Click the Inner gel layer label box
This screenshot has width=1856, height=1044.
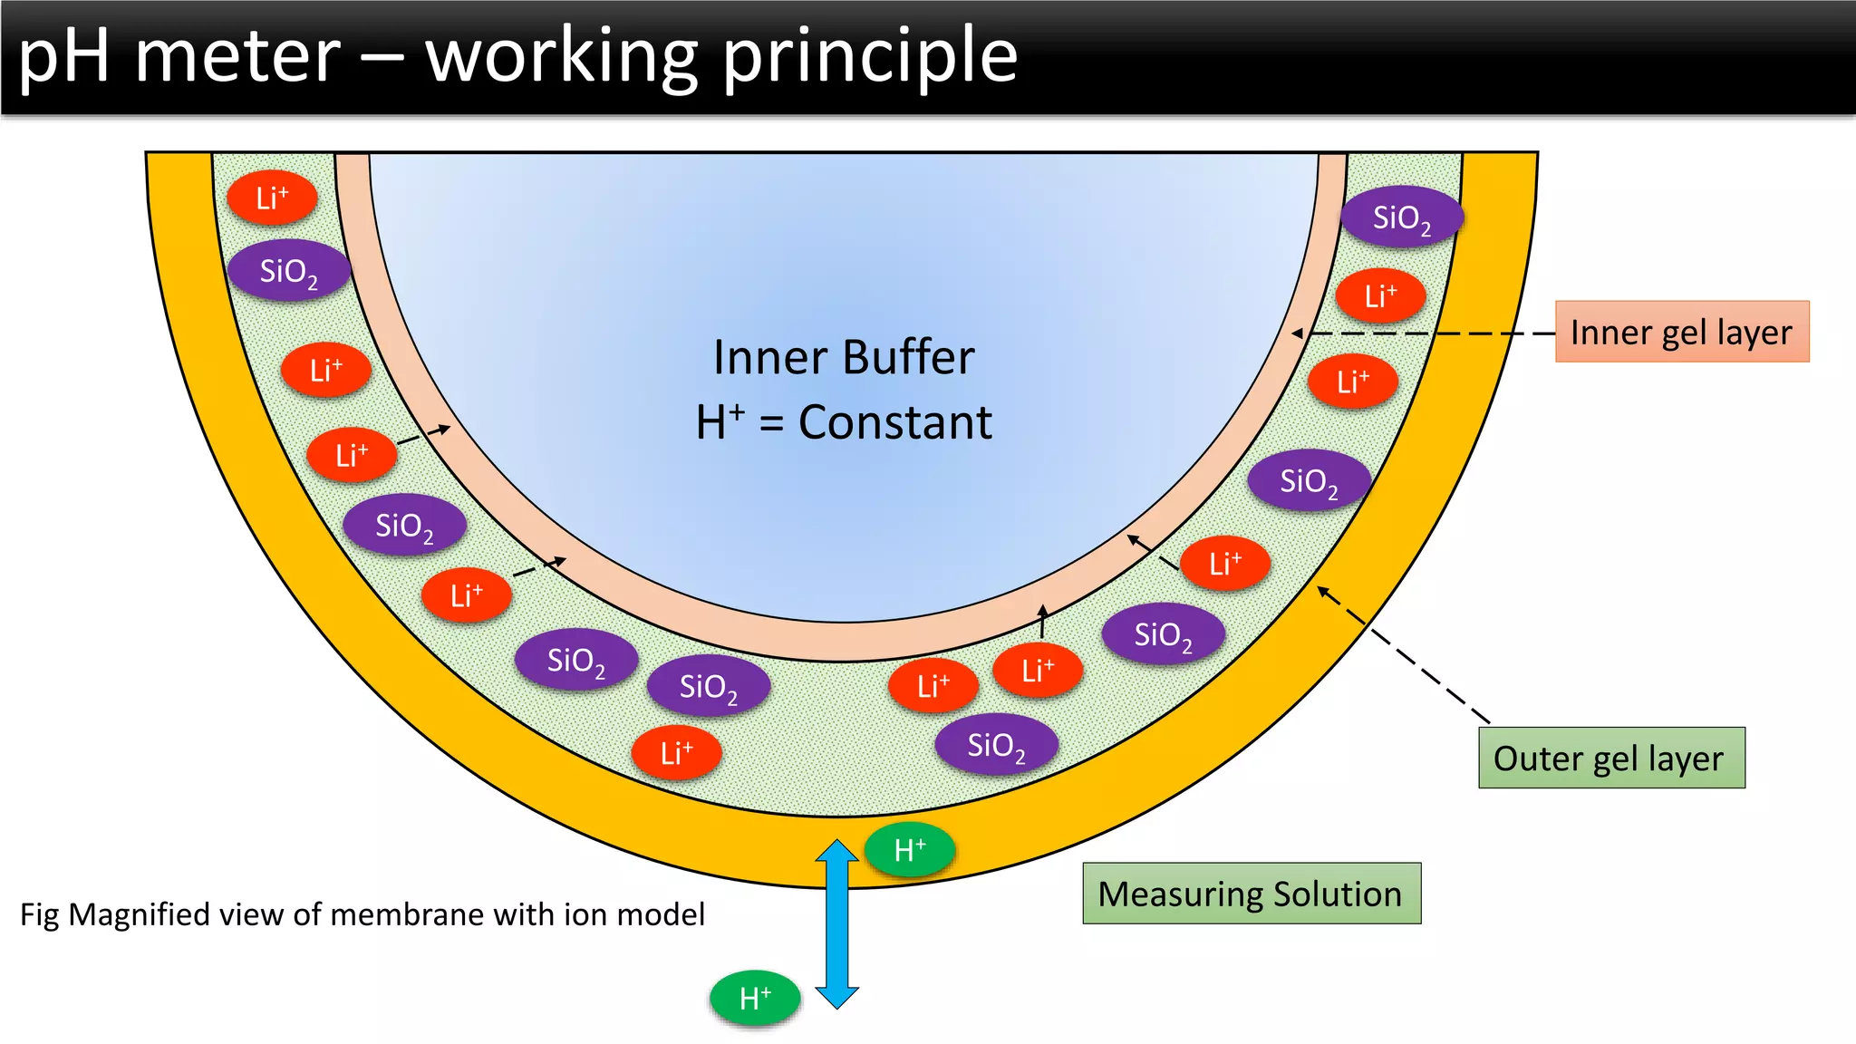1682,332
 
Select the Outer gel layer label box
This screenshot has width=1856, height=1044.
1610,758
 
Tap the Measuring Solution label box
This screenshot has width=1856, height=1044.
1251,894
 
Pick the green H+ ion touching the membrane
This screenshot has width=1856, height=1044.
909,850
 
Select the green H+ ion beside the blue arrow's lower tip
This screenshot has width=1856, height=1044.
755,998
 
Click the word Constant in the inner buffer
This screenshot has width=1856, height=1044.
894,422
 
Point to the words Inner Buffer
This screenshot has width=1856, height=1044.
843,357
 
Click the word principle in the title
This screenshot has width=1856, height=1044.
870,56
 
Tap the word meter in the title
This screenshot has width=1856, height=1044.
237,56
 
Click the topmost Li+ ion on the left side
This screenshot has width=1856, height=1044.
271,198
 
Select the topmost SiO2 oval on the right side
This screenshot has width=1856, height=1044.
1400,217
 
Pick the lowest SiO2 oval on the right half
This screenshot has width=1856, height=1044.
995,746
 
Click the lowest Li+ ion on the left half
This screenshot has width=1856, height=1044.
676,752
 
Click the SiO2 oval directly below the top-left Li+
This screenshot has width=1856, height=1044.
287,271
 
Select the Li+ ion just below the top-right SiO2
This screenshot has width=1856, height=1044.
1380,295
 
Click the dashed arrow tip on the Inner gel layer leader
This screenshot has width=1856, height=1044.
1298,333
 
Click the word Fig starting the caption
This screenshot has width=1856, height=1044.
40,914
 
